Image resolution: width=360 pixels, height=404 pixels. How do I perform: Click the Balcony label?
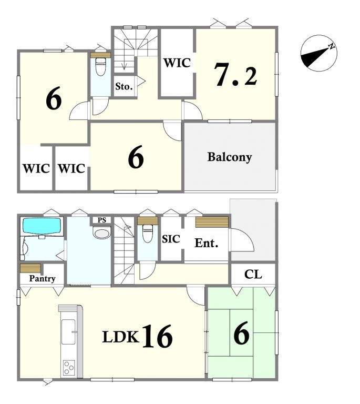point(230,157)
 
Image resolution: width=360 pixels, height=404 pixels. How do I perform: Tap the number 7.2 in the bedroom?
point(236,75)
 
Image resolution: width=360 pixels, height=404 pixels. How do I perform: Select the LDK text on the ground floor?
point(120,337)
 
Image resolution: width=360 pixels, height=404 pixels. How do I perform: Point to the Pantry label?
point(42,278)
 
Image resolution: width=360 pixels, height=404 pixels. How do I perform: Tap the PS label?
point(102,220)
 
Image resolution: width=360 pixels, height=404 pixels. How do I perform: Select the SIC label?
point(171,239)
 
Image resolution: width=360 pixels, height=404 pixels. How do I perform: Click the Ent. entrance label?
point(207,243)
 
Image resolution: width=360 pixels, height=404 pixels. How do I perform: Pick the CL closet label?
point(253,275)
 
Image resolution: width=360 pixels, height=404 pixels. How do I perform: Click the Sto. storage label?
point(124,87)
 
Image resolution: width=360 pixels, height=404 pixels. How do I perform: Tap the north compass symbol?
point(319,53)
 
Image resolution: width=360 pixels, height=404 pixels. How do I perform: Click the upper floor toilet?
point(100,67)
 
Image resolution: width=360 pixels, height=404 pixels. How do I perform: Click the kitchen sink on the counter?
point(69,331)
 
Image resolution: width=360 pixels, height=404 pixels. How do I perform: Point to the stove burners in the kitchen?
point(69,368)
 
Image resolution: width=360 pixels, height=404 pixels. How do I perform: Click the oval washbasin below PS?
point(101,233)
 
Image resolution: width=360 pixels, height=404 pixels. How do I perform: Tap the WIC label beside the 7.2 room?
point(177,63)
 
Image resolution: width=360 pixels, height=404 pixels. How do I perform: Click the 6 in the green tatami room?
point(242,333)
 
